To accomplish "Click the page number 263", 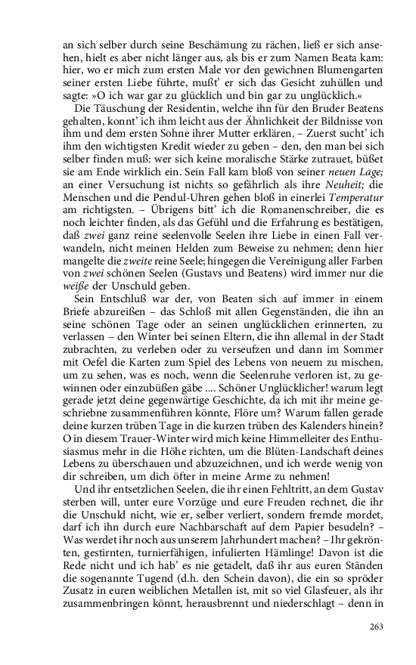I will pyautogui.click(x=377, y=626).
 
